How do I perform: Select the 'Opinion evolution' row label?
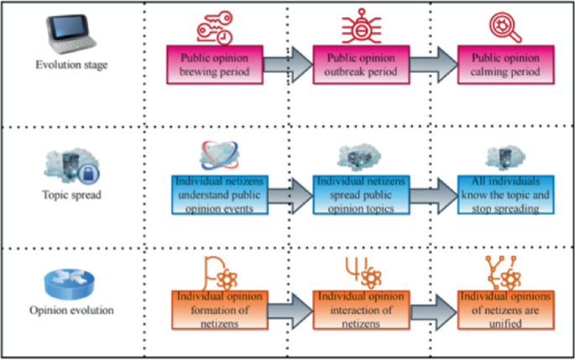point(70,310)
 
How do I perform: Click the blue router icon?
point(71,284)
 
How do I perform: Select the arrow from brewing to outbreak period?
point(288,63)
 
